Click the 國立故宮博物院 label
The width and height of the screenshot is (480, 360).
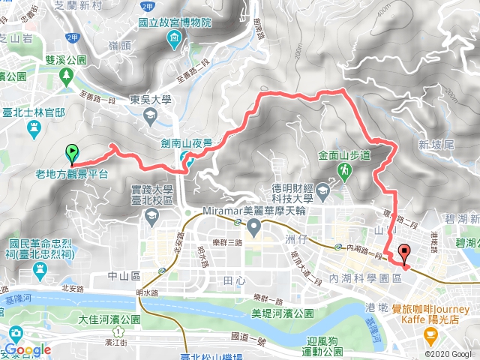pos(174,23)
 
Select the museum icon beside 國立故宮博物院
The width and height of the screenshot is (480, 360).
pos(174,38)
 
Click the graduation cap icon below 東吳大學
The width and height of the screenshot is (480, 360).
pos(149,115)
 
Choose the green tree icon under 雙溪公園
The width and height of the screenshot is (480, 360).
pos(67,76)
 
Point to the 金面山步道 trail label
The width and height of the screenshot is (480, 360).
pos(345,156)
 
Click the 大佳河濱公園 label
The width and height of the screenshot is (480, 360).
pos(109,319)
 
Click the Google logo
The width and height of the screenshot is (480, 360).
pos(26,349)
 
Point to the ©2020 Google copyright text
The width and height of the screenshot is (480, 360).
pos(448,354)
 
